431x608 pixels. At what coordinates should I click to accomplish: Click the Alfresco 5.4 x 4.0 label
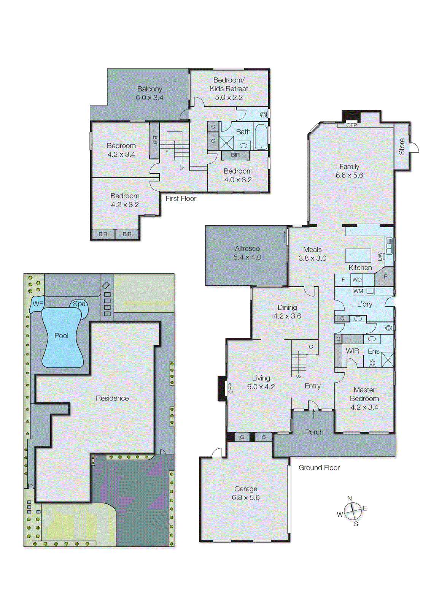247,253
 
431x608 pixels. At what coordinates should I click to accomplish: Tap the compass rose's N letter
350,498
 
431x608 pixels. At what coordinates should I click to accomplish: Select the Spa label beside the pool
79,304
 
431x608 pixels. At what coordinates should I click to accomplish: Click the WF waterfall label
38,304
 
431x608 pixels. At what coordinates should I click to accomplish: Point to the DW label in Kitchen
380,257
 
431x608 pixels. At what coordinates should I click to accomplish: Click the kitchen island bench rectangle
358,255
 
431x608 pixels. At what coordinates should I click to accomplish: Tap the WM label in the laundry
358,291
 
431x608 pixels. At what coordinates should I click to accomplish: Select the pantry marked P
385,277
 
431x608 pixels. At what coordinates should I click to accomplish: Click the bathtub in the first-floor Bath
261,137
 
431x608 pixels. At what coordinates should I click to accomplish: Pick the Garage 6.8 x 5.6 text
246,493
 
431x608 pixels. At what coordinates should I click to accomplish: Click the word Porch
314,432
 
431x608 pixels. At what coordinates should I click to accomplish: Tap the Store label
402,146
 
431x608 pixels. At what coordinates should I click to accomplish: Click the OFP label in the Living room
231,388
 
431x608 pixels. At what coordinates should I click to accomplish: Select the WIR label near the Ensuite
352,351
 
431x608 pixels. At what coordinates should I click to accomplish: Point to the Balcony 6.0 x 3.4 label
149,93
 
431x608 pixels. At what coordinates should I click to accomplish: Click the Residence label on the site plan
112,398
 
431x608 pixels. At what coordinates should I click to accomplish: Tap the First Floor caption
181,198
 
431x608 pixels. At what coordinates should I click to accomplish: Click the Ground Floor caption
319,468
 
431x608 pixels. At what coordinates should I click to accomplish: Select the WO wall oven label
357,280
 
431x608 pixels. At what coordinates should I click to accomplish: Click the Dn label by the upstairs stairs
182,168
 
